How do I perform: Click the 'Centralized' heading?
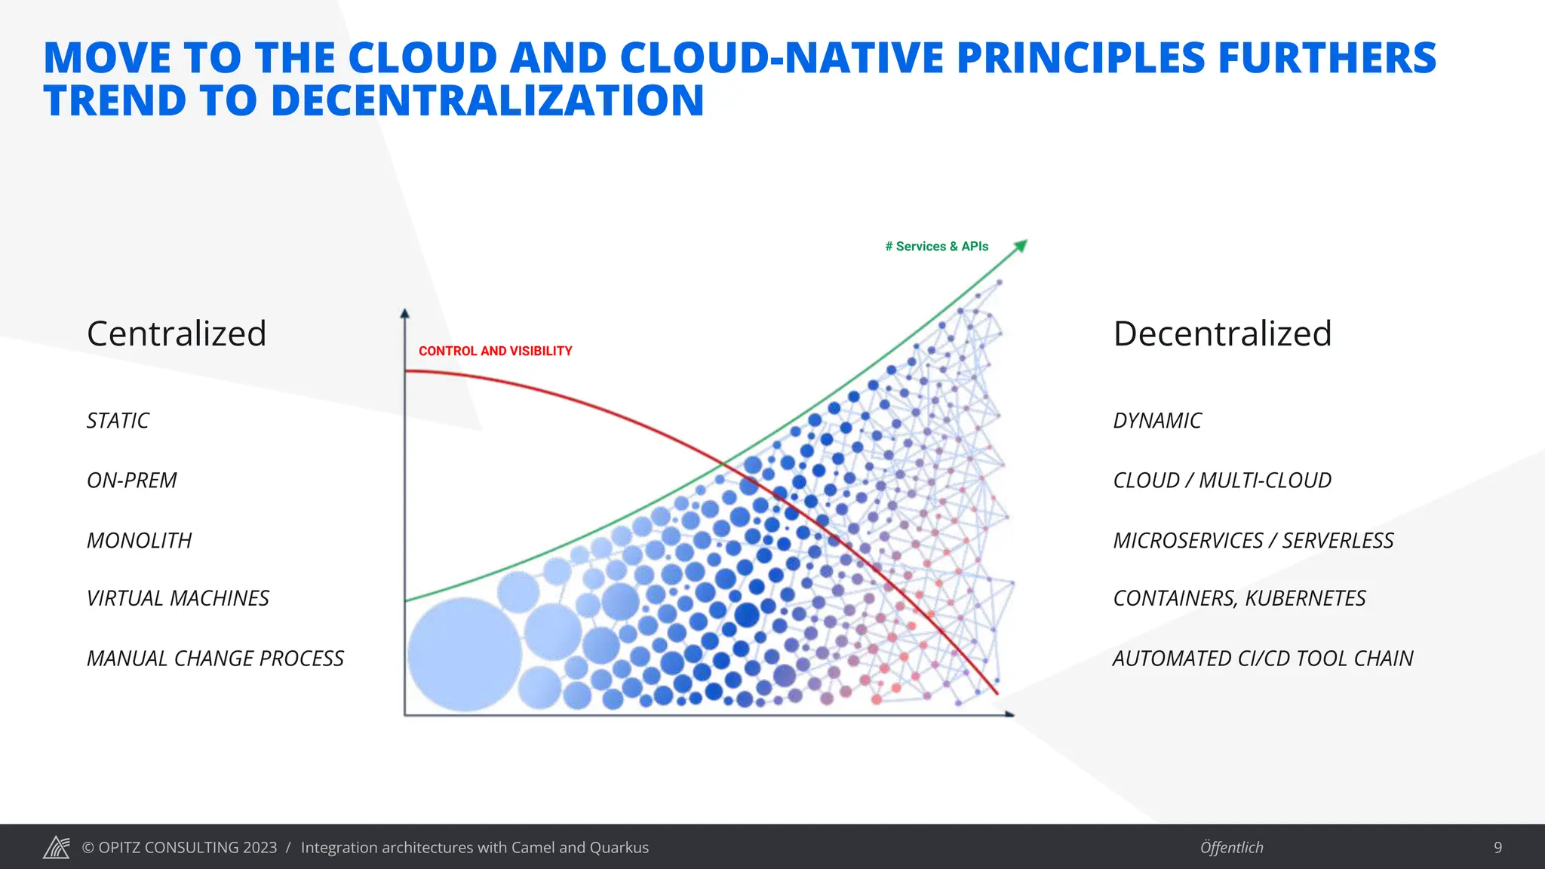(177, 333)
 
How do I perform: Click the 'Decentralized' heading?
(1222, 333)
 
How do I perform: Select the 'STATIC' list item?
(118, 420)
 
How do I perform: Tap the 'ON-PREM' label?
(132, 481)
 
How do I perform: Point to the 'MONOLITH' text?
(140, 540)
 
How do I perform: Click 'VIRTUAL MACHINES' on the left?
(178, 598)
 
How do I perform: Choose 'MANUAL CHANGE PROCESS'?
(215, 659)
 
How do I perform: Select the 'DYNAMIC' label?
(1157, 420)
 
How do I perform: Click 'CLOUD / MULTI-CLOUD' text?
(1222, 481)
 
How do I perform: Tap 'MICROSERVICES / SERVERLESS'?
(1253, 540)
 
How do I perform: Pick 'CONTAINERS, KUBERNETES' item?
(1239, 598)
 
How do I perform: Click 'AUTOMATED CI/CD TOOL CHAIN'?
(1263, 659)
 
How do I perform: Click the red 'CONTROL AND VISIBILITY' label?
(495, 351)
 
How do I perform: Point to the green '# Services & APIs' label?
(936, 247)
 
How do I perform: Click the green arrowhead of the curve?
(1021, 245)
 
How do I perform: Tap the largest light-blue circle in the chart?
(465, 654)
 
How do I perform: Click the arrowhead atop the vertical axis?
(405, 314)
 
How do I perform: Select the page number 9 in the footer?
(1497, 847)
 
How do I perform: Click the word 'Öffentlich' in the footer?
(1231, 847)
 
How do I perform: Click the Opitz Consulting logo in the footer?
(57, 847)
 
